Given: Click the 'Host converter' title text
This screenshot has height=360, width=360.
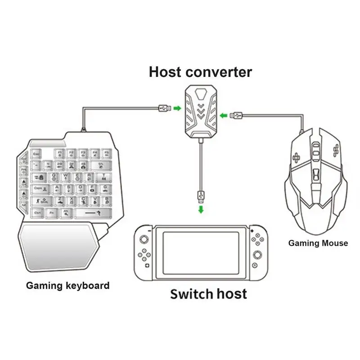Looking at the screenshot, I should [200, 72].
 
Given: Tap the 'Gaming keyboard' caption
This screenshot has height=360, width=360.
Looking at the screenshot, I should [67, 285].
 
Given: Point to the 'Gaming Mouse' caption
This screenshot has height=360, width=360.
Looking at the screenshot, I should [318, 243].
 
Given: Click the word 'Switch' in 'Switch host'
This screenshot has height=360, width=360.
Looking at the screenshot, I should [191, 294].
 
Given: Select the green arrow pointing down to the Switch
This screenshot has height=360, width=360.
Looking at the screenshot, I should [201, 210].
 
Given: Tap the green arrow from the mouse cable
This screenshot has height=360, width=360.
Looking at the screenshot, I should [224, 116].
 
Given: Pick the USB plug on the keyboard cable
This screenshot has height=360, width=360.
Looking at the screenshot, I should [165, 108].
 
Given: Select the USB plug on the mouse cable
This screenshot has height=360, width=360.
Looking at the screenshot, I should [237, 116].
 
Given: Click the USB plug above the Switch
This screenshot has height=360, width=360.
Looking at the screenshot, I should [201, 197].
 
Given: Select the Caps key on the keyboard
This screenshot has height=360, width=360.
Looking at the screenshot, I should [39, 188].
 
